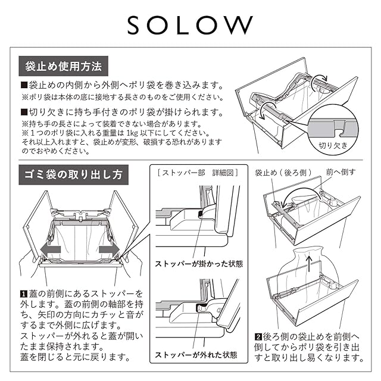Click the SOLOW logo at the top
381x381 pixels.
coord(190,25)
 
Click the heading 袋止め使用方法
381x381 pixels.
coord(64,66)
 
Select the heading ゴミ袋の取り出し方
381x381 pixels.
coord(73,174)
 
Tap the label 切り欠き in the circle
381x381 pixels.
coord(333,145)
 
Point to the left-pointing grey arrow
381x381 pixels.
coord(50,249)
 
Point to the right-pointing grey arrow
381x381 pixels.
coord(110,249)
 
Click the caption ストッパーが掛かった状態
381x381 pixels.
coord(199,264)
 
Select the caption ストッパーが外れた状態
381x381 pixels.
coord(196,355)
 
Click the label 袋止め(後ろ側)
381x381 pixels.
coord(283,173)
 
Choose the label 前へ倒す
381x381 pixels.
coord(341,172)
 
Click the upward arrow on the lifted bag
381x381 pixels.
coord(309,263)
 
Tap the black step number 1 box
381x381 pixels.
coord(23,294)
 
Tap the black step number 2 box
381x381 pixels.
coord(258,337)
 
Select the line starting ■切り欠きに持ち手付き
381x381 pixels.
coord(123,112)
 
